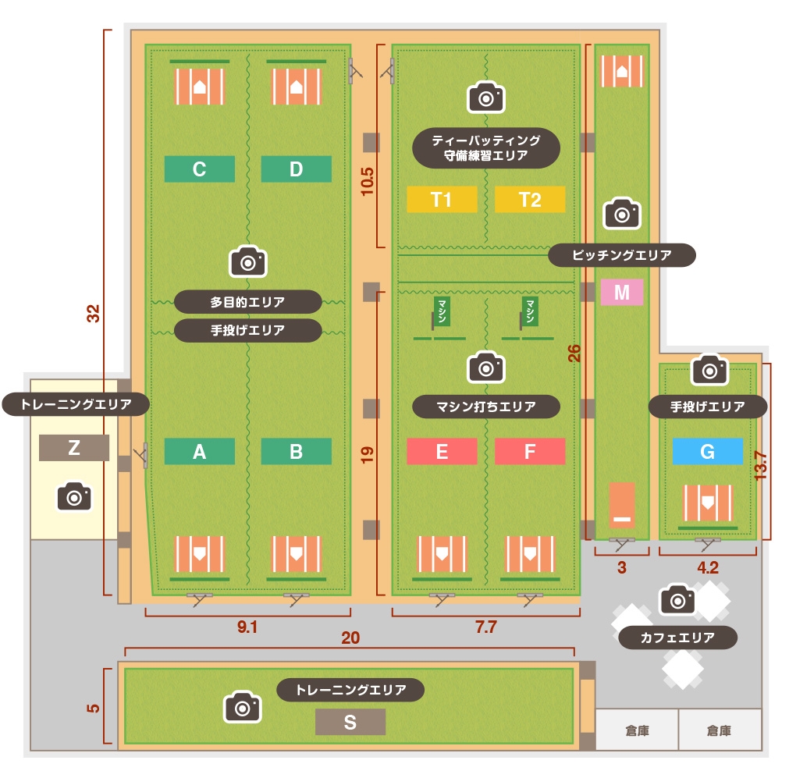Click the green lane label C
(x=199, y=169)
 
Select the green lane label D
(x=296, y=169)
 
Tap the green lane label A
(x=199, y=451)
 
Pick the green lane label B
(x=296, y=451)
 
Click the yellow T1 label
(x=442, y=200)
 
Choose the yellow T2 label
(x=530, y=200)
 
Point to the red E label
(x=442, y=451)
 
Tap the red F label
(x=530, y=451)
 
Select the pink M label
(x=622, y=292)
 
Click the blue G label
(x=708, y=451)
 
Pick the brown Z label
(x=74, y=447)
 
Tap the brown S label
(x=350, y=723)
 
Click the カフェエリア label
(x=677, y=638)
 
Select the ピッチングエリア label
(x=621, y=255)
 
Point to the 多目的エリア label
(x=247, y=301)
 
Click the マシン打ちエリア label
(x=485, y=406)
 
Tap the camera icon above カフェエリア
(x=677, y=599)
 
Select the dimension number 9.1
(x=247, y=627)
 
